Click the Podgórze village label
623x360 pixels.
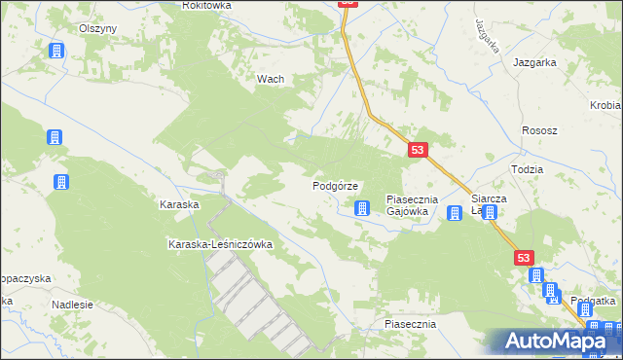click(337, 186)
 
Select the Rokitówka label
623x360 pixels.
click(206, 6)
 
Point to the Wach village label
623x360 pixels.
click(270, 80)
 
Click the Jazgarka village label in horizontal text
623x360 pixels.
click(535, 62)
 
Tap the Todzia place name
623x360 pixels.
click(527, 168)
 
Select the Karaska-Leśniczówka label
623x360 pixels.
click(220, 244)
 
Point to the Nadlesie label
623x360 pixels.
click(72, 305)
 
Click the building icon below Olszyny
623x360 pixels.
click(56, 51)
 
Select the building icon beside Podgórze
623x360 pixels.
click(363, 207)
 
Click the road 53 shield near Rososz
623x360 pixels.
click(418, 150)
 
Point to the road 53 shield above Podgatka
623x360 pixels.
click(525, 257)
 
